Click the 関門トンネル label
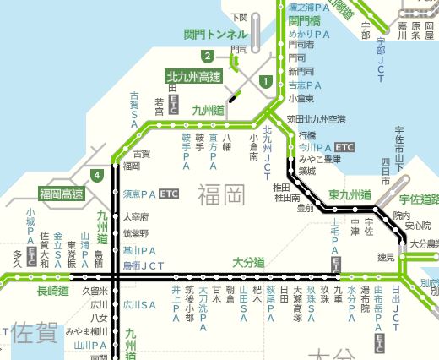click(x=216, y=35)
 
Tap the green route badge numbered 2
click(x=207, y=56)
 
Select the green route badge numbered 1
click(x=266, y=82)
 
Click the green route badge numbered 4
click(x=99, y=176)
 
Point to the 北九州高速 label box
click(x=192, y=77)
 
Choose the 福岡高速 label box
click(x=61, y=194)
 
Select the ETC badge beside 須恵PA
click(x=169, y=194)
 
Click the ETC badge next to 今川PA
click(x=344, y=146)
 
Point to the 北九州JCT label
click(x=268, y=145)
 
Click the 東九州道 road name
click(x=350, y=194)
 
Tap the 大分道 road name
click(x=247, y=262)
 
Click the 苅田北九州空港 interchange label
click(x=317, y=119)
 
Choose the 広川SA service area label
click(x=140, y=304)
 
